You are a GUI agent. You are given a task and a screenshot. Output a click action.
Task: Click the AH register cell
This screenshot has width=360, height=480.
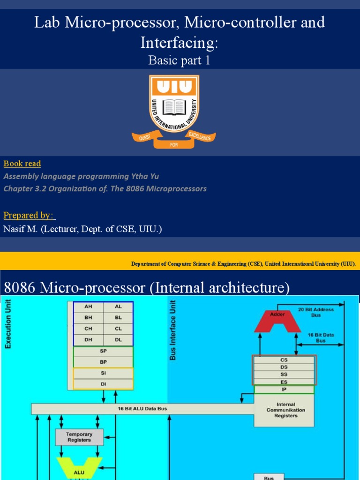[88, 307]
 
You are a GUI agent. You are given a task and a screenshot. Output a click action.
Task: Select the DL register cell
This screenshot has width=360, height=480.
[118, 339]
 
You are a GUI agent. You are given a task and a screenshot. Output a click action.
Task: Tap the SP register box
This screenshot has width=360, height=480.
[103, 351]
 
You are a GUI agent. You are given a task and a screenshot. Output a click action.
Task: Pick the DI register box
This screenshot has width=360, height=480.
[103, 384]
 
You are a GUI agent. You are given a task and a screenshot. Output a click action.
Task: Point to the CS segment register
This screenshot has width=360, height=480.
[284, 360]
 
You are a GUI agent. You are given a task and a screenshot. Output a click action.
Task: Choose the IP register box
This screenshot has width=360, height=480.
[284, 389]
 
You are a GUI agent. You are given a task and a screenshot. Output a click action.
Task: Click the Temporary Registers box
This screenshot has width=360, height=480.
[79, 437]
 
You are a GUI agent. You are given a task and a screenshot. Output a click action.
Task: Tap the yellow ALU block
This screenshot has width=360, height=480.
[79, 472]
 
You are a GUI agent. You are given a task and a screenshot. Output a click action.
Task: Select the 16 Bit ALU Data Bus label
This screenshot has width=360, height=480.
[142, 408]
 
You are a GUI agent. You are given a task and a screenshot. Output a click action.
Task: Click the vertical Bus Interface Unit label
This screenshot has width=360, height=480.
[173, 330]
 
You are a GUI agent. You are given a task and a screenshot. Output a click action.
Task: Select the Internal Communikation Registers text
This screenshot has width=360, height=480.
[285, 410]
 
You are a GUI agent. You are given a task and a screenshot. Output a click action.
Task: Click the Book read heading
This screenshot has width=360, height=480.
[22, 164]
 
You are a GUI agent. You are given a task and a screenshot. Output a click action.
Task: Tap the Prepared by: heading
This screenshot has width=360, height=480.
[29, 216]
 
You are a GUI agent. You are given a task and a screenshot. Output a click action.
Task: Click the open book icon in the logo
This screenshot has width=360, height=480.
[174, 107]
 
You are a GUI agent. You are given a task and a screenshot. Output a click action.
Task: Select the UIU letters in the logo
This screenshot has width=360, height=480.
[174, 86]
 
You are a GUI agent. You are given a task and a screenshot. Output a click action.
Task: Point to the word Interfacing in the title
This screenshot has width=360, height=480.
[179, 43]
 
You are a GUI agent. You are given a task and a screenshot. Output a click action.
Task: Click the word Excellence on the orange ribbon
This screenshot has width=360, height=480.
[200, 136]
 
